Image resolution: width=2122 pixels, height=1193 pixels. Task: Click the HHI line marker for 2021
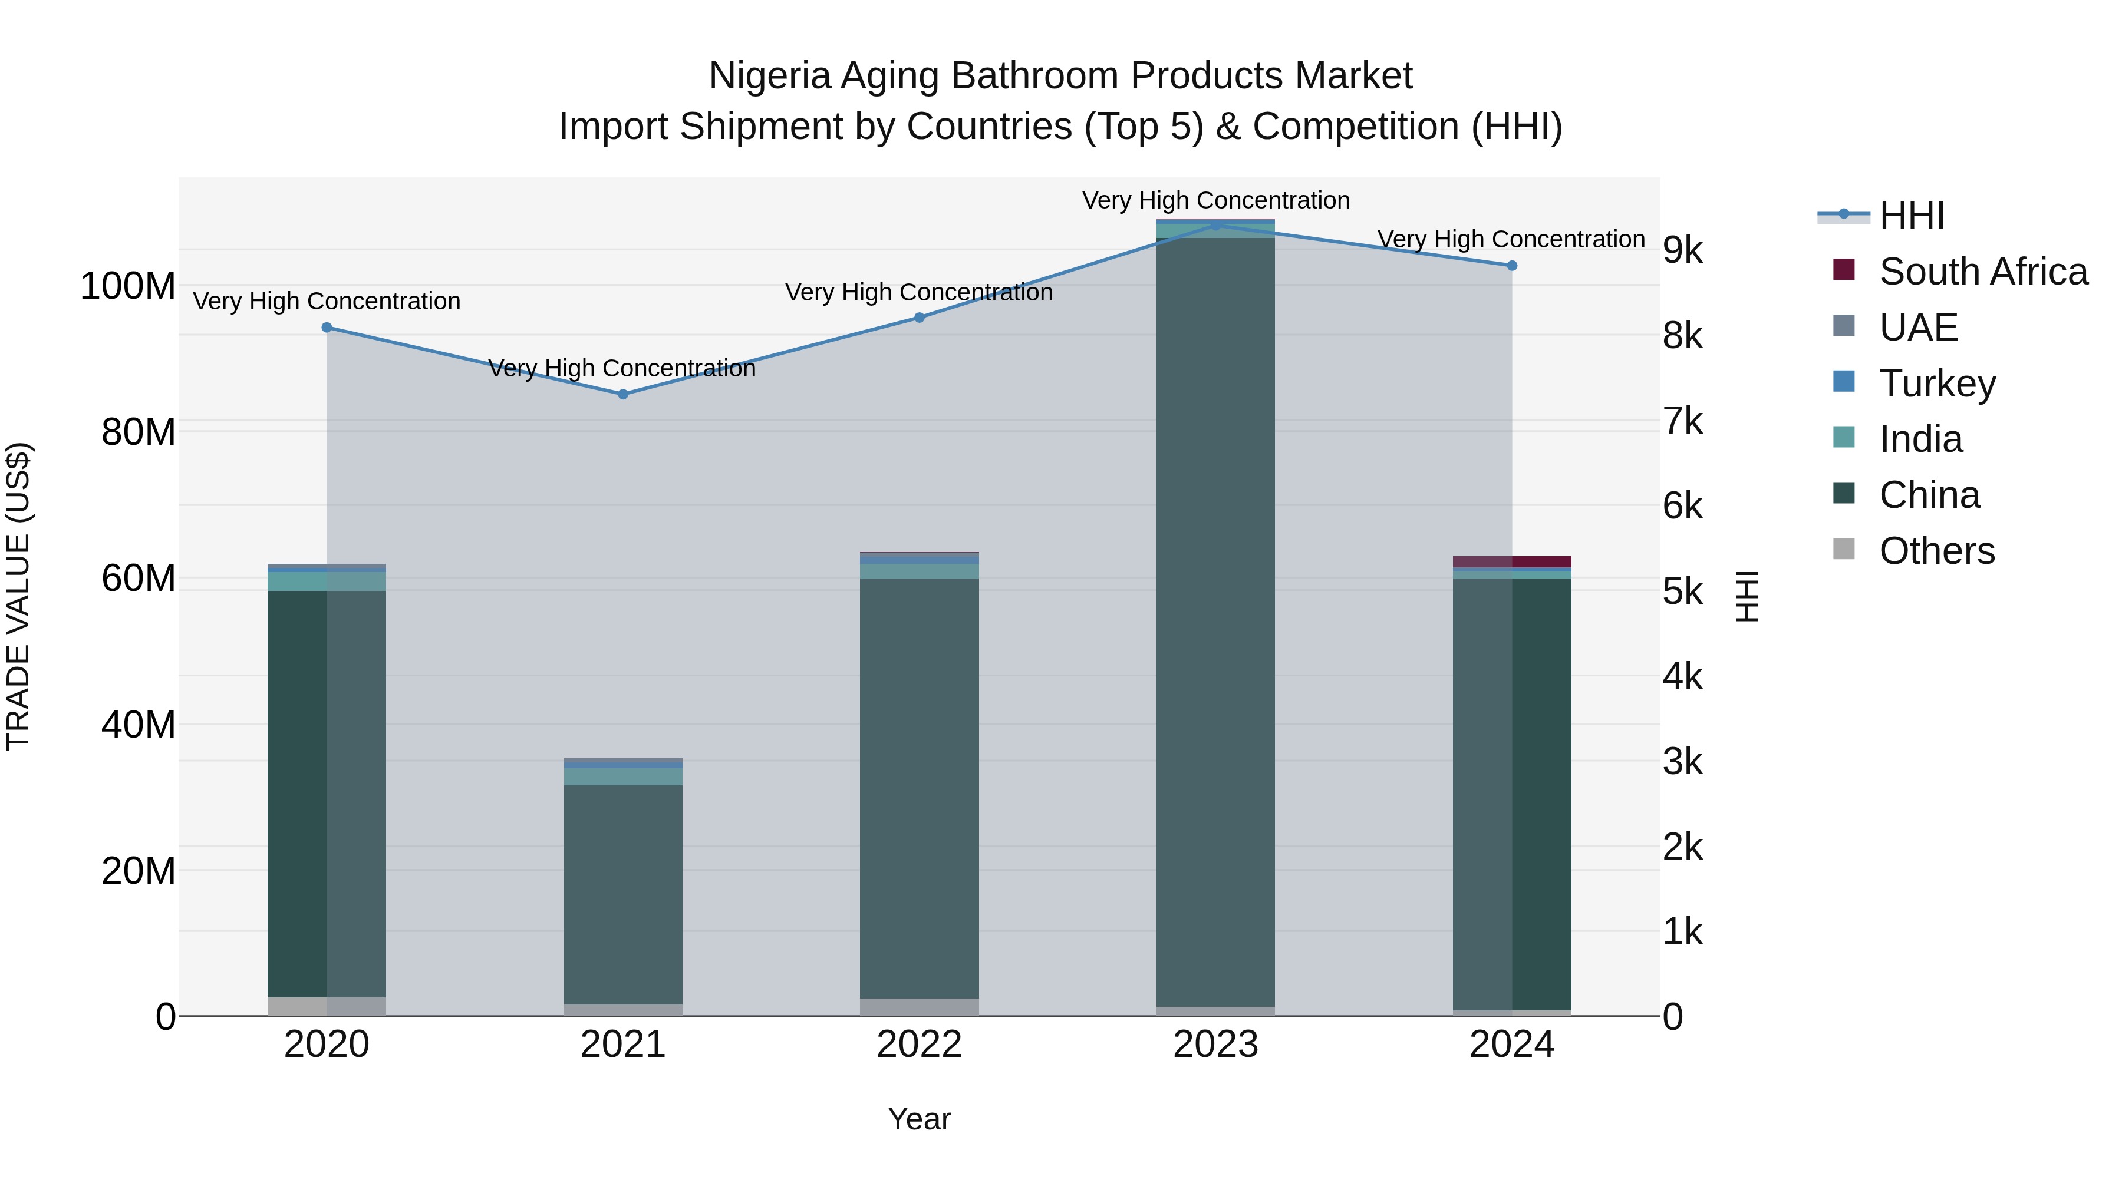[623, 394]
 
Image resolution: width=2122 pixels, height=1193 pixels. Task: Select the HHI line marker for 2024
[1511, 266]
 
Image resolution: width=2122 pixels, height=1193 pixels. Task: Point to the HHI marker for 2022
[920, 318]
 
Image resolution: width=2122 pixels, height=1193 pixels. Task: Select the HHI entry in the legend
[1911, 216]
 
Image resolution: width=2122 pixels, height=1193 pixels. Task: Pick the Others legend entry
[1936, 551]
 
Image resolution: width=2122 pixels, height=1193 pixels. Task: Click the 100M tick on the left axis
[128, 286]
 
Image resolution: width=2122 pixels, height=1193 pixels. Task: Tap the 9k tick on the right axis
[1683, 250]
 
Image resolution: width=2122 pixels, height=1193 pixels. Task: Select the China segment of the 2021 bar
[623, 893]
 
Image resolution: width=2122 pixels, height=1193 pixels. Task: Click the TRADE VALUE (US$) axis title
[18, 596]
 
